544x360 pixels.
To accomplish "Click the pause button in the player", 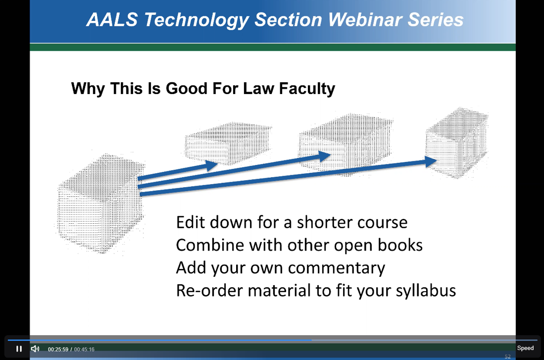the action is point(19,349).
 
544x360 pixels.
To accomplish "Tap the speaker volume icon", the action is point(35,349).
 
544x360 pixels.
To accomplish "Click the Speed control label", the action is point(525,348).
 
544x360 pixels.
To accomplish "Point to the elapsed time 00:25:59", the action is point(58,349).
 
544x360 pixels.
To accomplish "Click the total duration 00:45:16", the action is point(84,349).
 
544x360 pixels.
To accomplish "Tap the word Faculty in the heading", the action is point(307,89).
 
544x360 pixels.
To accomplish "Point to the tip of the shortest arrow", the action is point(217,163).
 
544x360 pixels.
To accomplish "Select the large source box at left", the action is point(99,203).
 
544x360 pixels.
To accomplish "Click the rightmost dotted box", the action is point(457,143).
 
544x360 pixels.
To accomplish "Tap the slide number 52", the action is point(507,357).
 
